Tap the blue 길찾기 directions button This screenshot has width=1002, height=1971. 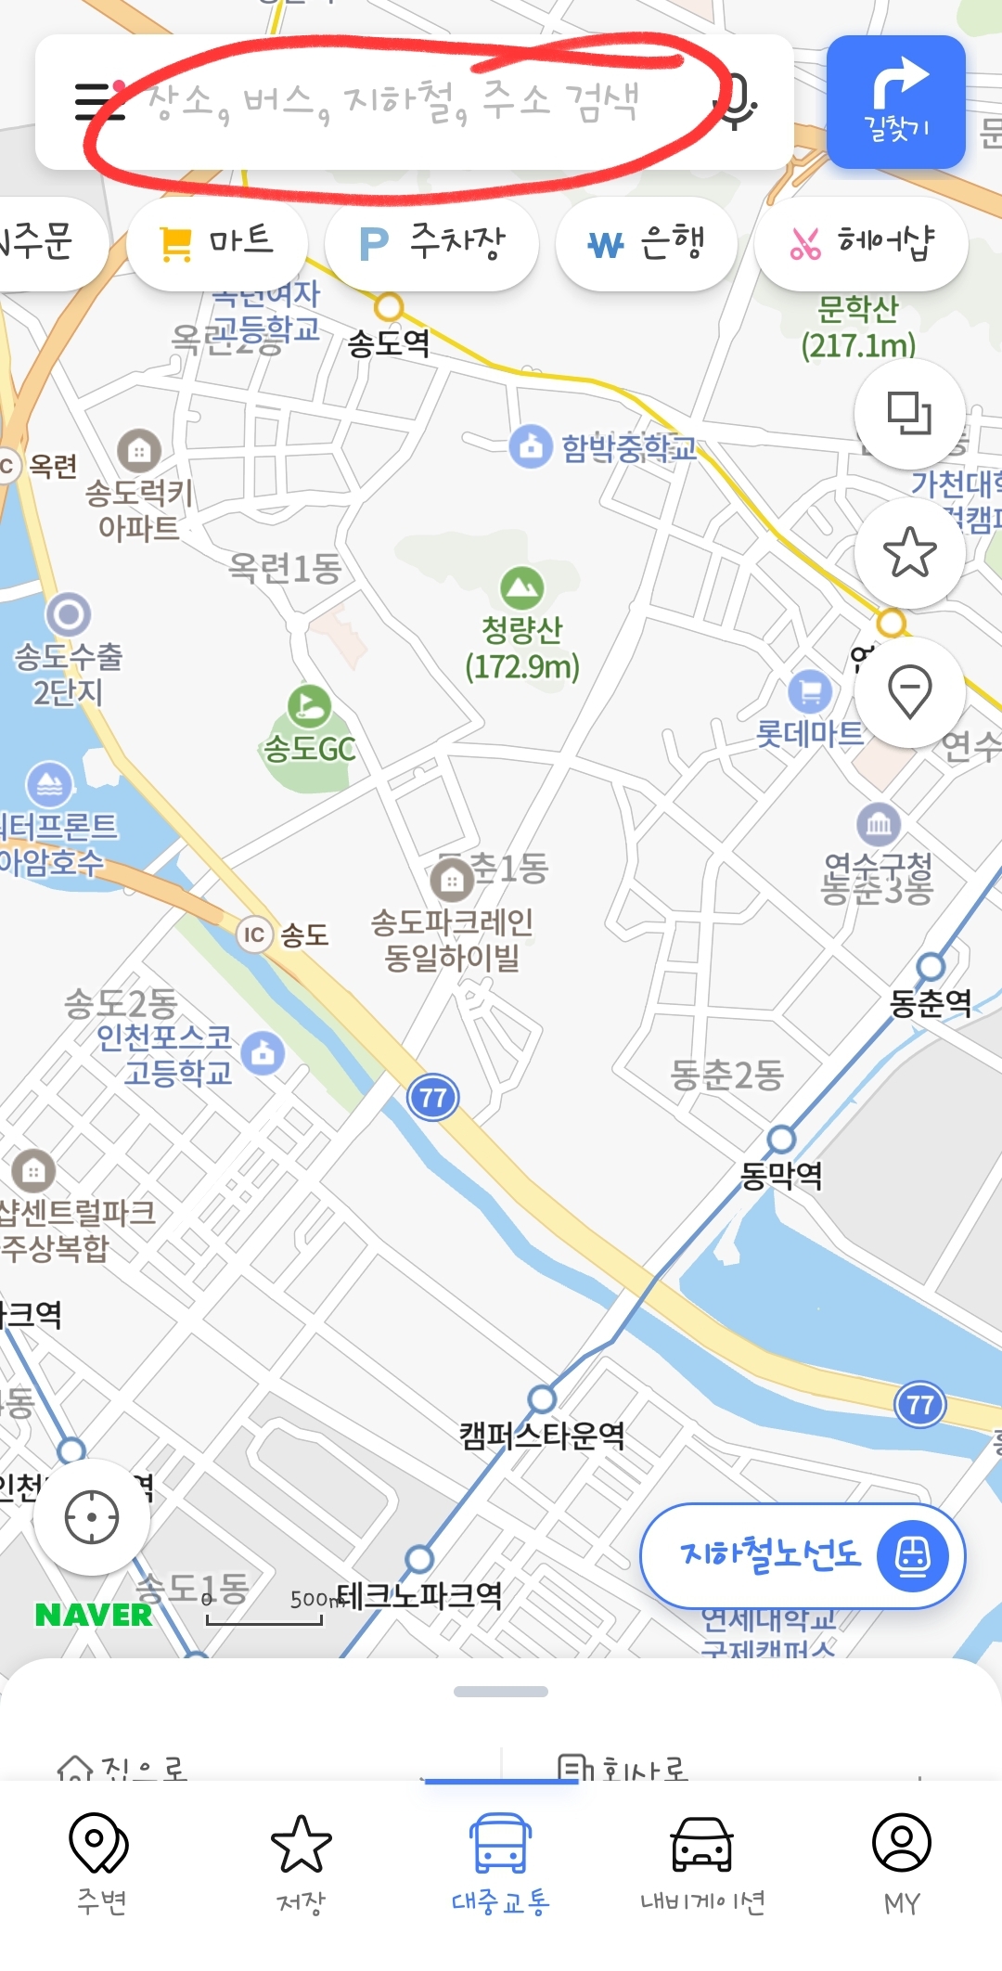tap(895, 102)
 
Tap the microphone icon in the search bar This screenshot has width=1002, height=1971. tap(739, 101)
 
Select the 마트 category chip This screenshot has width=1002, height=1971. tap(217, 244)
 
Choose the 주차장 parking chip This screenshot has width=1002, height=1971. tap(431, 244)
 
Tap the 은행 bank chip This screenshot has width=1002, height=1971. tap(647, 244)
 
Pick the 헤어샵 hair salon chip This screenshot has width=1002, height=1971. tap(861, 244)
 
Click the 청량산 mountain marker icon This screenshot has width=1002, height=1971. tap(522, 586)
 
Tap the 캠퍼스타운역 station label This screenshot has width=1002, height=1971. tap(542, 1436)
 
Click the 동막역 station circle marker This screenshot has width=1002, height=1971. tap(781, 1139)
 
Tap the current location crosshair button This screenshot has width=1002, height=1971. tap(92, 1517)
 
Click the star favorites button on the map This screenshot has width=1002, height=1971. tap(909, 552)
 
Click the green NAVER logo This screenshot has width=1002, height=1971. tap(94, 1615)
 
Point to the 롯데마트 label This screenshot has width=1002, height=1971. tap(809, 734)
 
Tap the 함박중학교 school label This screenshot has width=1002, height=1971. tap(628, 448)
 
